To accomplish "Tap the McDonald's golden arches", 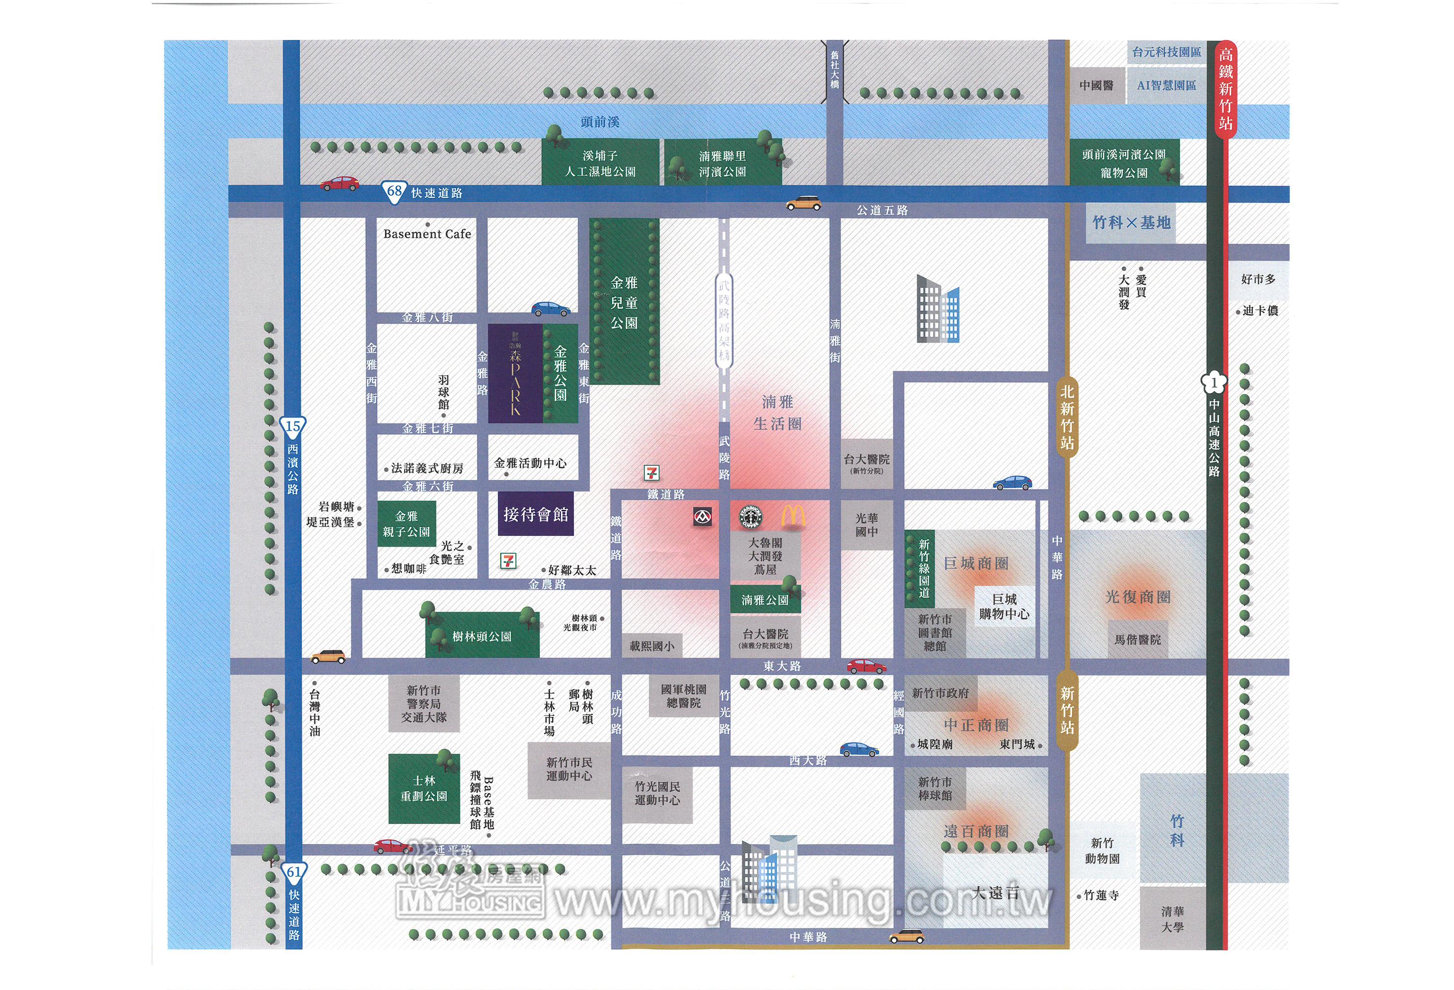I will pos(793,517).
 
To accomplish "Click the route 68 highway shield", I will pos(394,191).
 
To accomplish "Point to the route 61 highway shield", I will pos(293,872).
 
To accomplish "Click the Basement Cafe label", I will pos(427,234).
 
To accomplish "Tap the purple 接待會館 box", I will pos(536,514).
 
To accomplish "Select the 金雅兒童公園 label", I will pos(624,303).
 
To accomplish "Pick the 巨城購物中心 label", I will pos(1004,606).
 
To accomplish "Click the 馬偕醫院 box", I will pos(1138,639).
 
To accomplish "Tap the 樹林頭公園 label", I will pos(482,636).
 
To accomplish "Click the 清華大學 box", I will pos(1173,919).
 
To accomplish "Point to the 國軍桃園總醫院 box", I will pos(683,696).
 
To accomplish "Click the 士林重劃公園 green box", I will pos(424,788).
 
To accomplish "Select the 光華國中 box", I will pos(866,525).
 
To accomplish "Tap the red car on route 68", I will pos(340,183).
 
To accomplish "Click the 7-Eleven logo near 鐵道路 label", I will pos(652,472).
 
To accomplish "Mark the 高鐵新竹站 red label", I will pos(1225,89).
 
